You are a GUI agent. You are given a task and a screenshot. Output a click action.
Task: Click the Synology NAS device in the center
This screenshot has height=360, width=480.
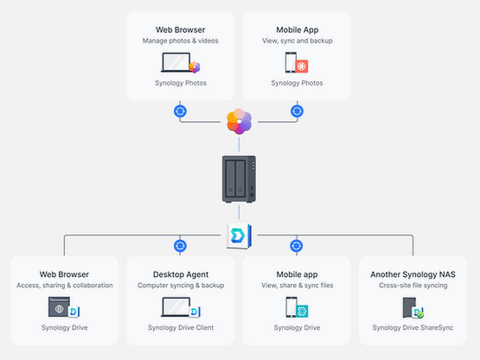click(239, 179)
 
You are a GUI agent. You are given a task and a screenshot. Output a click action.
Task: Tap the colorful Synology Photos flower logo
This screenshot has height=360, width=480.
click(239, 121)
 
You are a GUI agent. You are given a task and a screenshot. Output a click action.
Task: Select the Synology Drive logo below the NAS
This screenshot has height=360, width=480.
click(239, 236)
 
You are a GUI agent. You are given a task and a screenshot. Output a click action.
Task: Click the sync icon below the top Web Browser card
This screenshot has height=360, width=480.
click(180, 112)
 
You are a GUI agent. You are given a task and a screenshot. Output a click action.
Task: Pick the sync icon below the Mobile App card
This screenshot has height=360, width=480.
click(297, 112)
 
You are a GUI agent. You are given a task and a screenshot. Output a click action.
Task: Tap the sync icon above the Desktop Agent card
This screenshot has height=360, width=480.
click(180, 246)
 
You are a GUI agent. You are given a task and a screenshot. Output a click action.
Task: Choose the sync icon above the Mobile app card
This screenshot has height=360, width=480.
click(297, 246)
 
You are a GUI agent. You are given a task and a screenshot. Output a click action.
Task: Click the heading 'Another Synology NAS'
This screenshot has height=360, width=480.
click(413, 274)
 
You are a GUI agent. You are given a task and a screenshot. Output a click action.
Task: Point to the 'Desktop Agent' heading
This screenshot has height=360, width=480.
click(181, 274)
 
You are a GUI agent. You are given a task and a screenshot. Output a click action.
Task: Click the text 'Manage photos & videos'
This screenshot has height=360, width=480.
click(180, 41)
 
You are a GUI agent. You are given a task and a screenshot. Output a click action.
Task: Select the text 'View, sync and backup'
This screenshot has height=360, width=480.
click(298, 41)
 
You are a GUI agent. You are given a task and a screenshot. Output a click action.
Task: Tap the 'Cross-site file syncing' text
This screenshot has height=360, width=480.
click(413, 286)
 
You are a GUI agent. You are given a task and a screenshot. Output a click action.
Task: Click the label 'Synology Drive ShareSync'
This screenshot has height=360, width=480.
click(413, 328)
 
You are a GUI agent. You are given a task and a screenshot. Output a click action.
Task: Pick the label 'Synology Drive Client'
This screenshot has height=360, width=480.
click(181, 328)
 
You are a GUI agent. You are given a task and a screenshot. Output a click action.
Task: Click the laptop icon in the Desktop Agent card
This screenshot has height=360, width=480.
click(176, 306)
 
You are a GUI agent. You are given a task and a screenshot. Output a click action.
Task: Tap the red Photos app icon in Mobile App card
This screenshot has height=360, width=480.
click(302, 66)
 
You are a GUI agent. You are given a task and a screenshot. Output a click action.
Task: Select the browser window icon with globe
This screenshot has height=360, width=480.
click(59, 307)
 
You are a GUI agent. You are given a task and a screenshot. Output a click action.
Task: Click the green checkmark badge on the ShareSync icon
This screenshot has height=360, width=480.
click(420, 315)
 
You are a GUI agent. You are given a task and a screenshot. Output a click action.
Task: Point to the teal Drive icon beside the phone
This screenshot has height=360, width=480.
click(302, 311)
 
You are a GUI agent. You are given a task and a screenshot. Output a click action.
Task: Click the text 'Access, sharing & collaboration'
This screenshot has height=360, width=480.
click(65, 286)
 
